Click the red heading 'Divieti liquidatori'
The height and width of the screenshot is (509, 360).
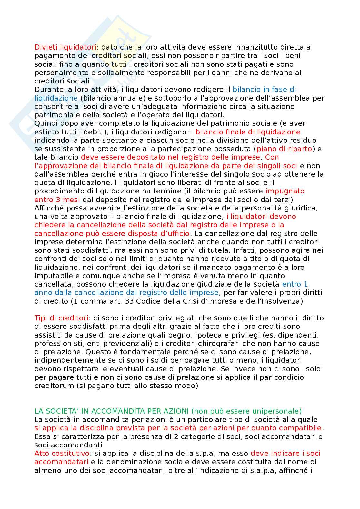[x=65, y=47]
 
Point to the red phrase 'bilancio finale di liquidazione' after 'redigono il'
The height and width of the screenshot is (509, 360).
[x=248, y=132]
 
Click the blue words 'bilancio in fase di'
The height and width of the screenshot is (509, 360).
[x=264, y=89]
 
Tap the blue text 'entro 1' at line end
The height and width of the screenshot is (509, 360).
[x=295, y=284]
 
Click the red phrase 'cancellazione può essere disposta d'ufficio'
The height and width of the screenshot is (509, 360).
[x=112, y=233]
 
